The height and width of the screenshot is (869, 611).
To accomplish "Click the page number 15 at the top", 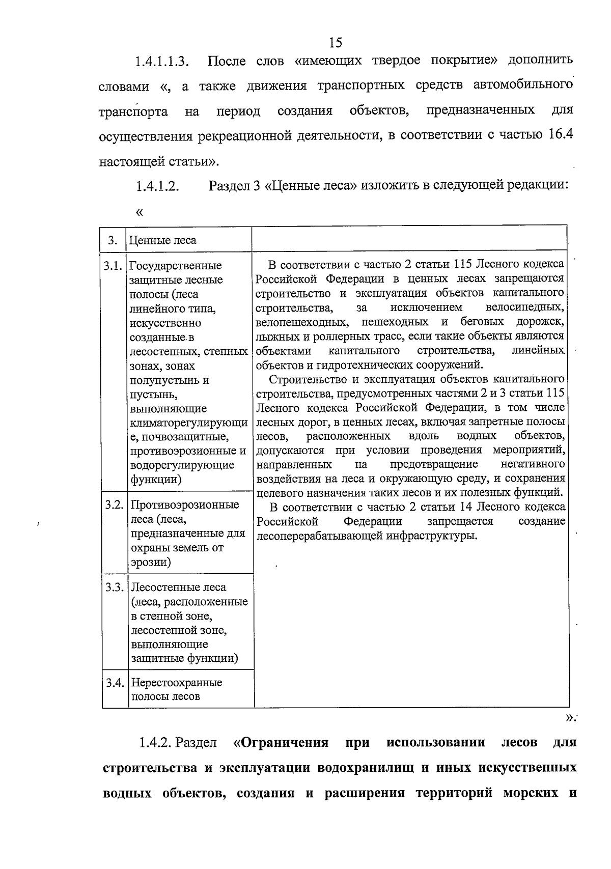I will coord(336,42).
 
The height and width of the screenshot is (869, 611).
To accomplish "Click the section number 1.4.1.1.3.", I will coord(162,62).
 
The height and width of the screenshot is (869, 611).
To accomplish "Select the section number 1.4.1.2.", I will coord(157,186).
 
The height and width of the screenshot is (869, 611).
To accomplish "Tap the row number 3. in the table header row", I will coord(113,240).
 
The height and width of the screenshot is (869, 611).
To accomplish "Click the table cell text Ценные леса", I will coord(162,240).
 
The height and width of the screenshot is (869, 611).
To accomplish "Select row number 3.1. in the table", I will coord(114,266).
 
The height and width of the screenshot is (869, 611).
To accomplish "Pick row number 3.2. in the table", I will coord(115,505).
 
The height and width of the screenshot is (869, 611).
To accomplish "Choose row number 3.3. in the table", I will coord(115,587).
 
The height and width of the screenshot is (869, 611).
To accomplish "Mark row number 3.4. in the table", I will coord(115,683).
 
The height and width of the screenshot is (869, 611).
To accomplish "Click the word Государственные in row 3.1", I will coord(176,266).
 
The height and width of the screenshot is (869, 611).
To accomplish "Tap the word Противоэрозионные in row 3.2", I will coord(185,505).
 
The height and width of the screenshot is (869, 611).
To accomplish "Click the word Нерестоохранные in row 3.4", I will coord(177,683).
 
